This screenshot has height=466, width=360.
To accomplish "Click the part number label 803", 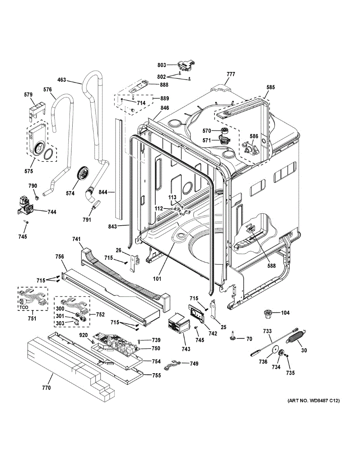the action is (x=162, y=65).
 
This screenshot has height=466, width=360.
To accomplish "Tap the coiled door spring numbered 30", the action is (x=297, y=338).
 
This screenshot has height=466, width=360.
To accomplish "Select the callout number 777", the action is (x=231, y=74).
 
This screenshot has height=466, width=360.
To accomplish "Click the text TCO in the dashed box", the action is (x=24, y=307).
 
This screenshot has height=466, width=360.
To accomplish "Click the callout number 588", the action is (x=271, y=266).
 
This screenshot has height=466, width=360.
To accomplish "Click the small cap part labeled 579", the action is (x=37, y=110).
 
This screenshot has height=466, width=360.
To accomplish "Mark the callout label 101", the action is (x=157, y=279).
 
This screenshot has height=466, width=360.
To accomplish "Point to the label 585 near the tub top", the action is (x=270, y=87).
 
